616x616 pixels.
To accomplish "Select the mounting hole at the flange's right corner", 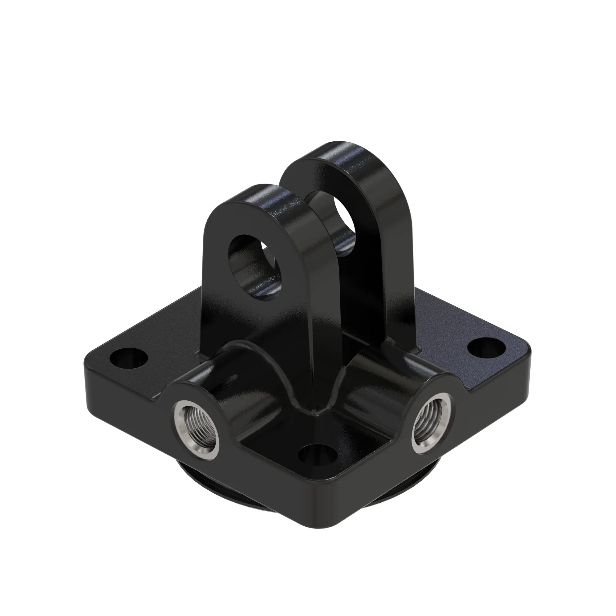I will [x=485, y=346].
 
